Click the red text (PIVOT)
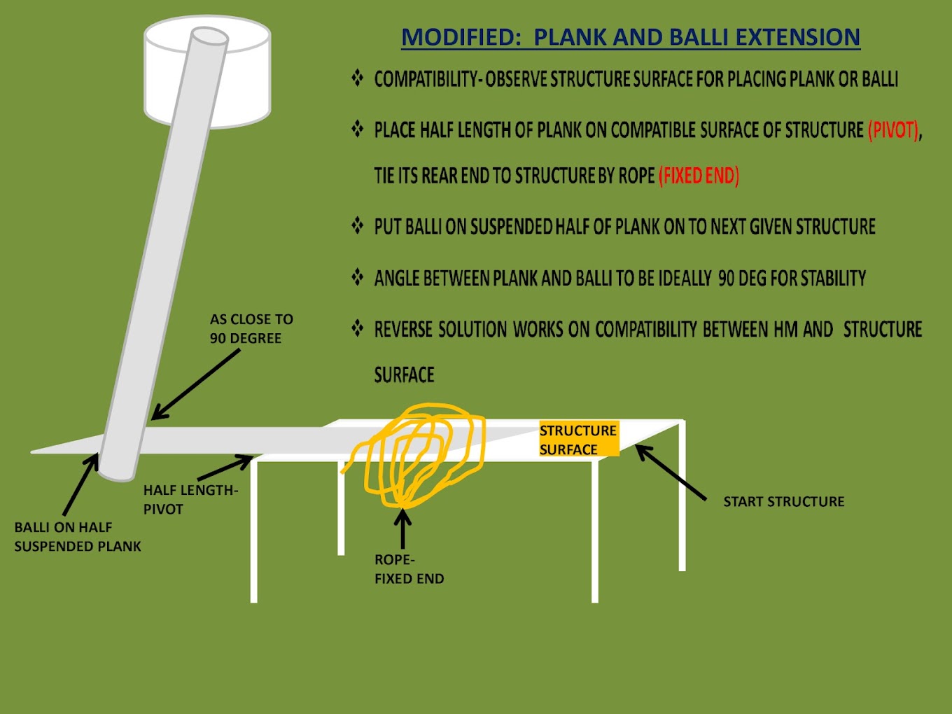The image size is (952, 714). click(x=893, y=131)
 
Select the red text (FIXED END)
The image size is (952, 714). click(x=699, y=176)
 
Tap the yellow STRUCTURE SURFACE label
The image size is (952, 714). click(x=578, y=440)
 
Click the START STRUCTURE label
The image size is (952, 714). click(x=783, y=501)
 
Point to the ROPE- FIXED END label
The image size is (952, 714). click(x=409, y=569)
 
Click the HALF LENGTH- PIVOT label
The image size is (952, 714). click(x=190, y=499)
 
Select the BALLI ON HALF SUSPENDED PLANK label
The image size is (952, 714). click(x=77, y=536)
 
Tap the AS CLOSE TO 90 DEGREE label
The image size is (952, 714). click(x=251, y=328)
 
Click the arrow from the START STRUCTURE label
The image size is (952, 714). click(x=671, y=472)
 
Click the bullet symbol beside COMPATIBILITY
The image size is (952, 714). click(x=357, y=78)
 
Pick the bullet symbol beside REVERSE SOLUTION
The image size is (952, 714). click(x=357, y=328)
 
